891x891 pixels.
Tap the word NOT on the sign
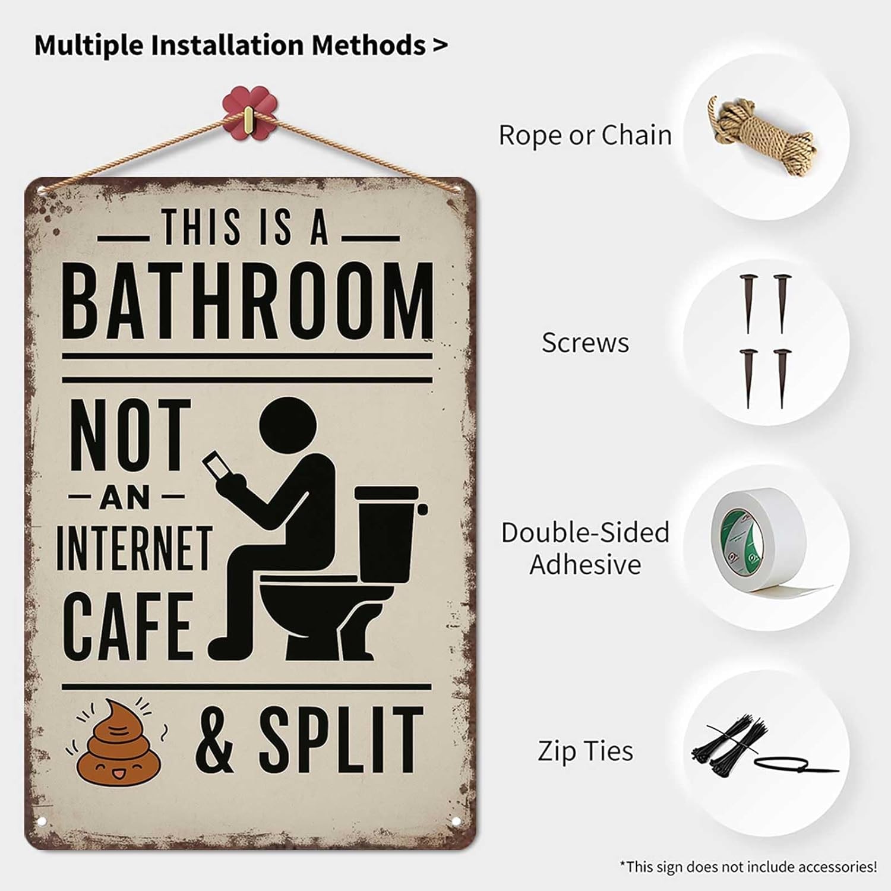(131, 435)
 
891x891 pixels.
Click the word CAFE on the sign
(128, 625)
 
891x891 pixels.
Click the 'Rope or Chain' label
(585, 135)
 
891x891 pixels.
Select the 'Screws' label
(585, 343)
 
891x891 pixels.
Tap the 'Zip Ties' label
(585, 751)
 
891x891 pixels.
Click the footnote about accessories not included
(748, 867)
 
